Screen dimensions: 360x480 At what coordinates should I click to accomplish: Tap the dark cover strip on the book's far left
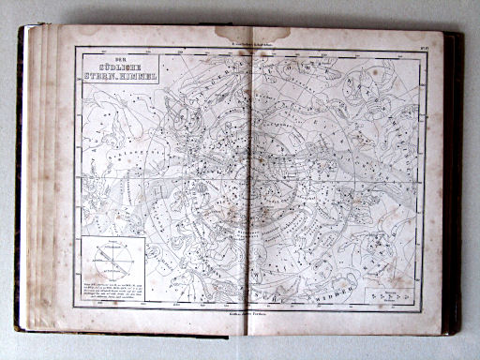coord(20,178)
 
